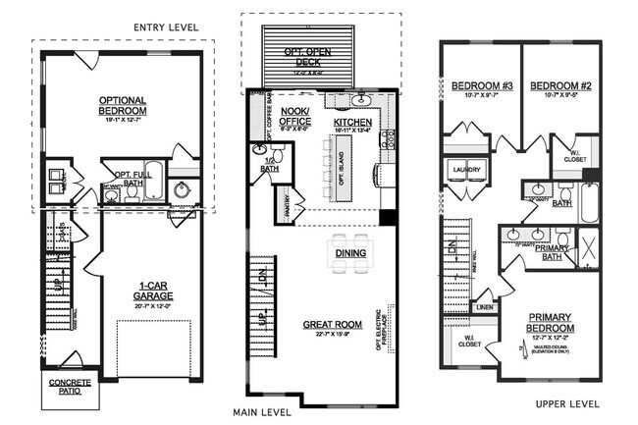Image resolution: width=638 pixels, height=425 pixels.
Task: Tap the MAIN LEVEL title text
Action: click(x=261, y=412)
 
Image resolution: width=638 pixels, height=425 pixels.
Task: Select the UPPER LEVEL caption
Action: click(x=569, y=403)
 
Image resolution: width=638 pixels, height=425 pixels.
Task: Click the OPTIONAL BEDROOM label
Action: click(x=123, y=105)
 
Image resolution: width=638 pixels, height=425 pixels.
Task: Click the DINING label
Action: click(x=350, y=253)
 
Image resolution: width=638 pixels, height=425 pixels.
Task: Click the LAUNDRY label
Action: click(x=465, y=170)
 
